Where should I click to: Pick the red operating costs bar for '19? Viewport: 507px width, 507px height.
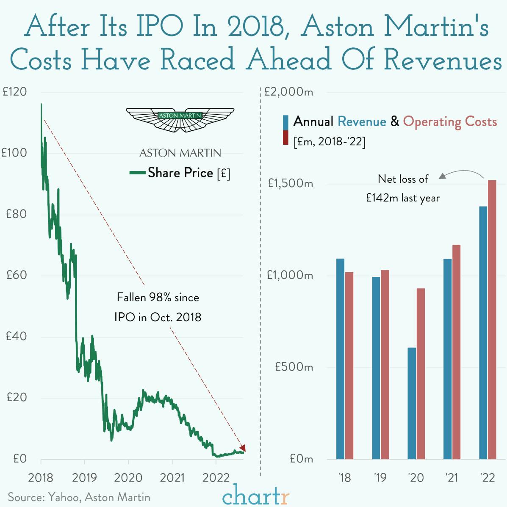pos(385,364)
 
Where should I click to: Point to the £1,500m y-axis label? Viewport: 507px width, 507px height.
pos(290,183)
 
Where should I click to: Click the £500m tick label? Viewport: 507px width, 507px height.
pos(294,366)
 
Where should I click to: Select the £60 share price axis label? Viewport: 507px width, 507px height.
pos(17,275)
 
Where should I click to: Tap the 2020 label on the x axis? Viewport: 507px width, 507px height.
pos(128,478)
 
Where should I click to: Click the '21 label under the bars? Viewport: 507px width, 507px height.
pos(452,478)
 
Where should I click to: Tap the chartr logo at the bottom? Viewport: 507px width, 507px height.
pos(255,496)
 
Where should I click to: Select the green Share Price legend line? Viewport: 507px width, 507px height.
pos(138,173)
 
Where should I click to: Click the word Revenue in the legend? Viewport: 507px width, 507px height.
pos(362,122)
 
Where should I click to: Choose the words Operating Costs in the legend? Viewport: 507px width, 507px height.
pos(450,122)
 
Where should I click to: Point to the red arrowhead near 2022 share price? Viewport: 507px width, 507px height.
pos(242,448)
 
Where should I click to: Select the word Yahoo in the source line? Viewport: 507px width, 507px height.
pos(64,497)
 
